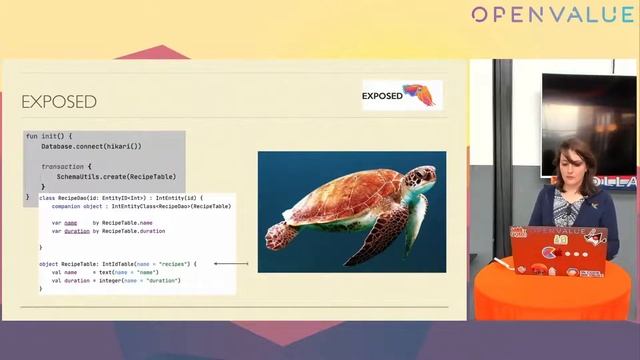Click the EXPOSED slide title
59,102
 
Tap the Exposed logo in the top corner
401,95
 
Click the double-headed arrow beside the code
231,264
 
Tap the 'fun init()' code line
49,136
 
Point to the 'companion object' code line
141,206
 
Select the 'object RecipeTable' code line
117,263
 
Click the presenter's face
557,165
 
